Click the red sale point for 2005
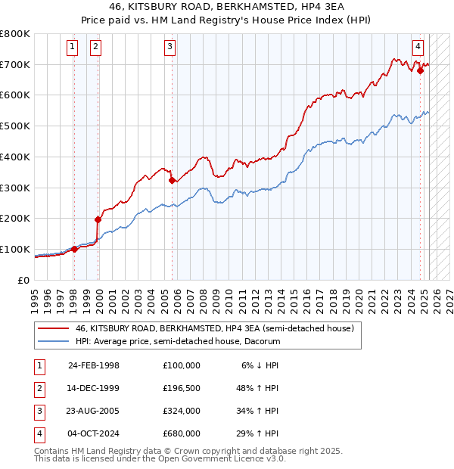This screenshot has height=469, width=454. coord(173,180)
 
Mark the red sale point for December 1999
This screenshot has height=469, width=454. coord(98,219)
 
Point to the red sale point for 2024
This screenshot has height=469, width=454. coord(421,70)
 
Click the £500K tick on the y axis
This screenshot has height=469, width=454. coord(14,126)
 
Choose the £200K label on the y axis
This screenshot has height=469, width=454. coord(14,219)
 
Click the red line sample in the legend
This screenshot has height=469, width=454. coord(54,329)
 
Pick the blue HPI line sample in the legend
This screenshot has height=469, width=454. coord(54,342)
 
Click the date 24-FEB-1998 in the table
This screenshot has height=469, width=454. coord(94,365)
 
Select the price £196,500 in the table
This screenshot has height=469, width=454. coord(181,387)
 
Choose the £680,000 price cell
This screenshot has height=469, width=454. coord(181,433)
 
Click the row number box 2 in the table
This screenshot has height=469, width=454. coord(39,387)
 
